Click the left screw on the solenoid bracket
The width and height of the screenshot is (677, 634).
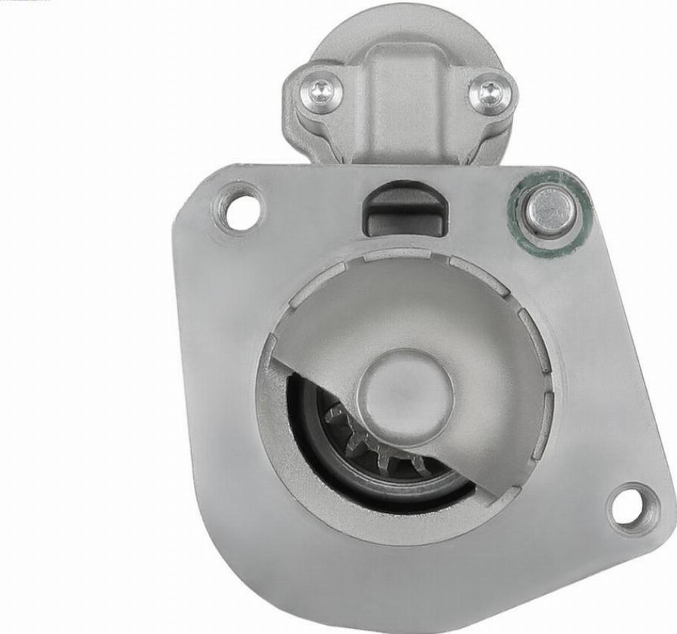pos(322,93)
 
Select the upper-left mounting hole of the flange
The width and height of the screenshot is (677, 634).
pos(240,208)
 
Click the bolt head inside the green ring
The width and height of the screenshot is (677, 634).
pos(551,211)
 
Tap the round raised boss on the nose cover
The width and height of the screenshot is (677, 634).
pos(409,390)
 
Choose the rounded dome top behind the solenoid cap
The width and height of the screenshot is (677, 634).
pos(406,26)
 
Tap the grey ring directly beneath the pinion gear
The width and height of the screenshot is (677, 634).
pos(399,489)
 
